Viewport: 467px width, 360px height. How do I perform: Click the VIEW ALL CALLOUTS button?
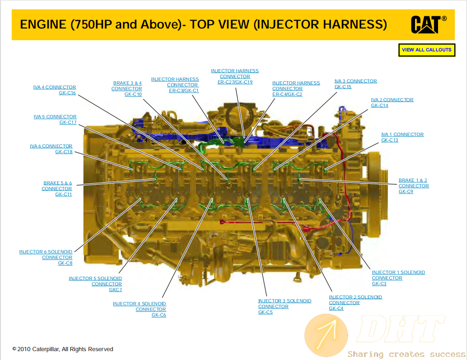tap(426, 50)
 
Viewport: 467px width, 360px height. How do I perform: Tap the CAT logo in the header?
tap(429, 24)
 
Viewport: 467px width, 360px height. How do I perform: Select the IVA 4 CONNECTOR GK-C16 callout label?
tap(54, 90)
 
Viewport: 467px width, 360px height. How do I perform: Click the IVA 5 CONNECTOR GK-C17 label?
tap(55, 119)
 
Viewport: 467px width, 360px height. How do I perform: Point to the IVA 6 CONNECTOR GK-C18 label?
tap(51, 149)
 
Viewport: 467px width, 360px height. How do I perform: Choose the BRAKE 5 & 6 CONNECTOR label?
tap(57, 188)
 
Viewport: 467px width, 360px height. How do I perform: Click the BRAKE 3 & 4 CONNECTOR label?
tap(127, 89)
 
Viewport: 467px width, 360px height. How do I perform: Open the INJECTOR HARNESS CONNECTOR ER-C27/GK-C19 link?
tap(235, 77)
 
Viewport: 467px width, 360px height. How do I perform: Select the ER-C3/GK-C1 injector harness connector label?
tap(175, 85)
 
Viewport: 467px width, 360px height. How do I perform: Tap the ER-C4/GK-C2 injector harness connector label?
tap(296, 89)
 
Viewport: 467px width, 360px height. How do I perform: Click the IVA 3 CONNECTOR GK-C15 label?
tap(356, 84)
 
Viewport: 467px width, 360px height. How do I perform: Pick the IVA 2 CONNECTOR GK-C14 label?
tap(392, 103)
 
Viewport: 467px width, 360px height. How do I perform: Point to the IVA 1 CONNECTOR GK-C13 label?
tap(402, 137)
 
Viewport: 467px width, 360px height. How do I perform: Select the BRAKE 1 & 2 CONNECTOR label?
tap(414, 186)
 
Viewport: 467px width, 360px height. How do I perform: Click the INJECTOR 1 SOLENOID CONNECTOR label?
tap(399, 278)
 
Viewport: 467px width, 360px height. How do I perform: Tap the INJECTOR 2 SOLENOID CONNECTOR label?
tap(355, 302)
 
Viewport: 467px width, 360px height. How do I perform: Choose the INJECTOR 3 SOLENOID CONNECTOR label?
tap(285, 306)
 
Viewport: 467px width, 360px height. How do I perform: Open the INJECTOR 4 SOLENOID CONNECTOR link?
tap(139, 309)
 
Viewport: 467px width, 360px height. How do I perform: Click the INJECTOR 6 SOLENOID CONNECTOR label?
tap(46, 257)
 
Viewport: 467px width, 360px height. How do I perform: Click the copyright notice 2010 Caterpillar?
tap(63, 349)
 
